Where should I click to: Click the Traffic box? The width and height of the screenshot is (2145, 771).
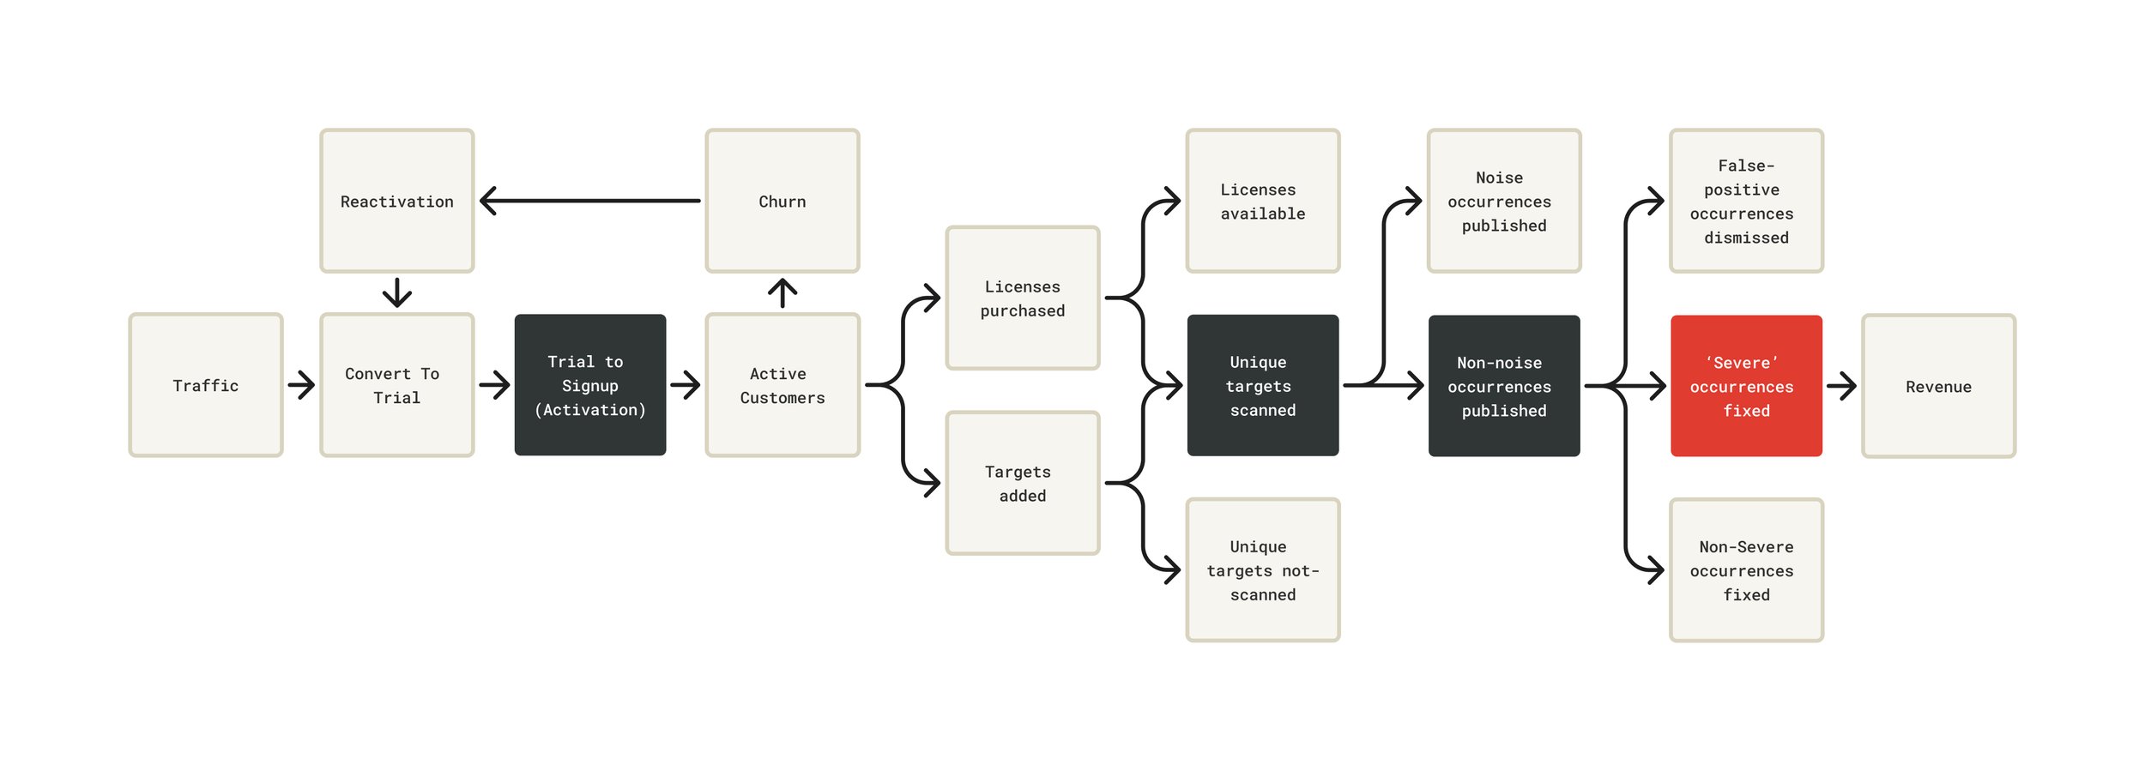[205, 385]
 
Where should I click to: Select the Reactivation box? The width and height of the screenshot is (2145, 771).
[396, 201]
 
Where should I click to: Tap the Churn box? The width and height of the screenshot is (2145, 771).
[782, 201]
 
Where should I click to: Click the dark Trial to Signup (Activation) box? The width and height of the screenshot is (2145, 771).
[589, 385]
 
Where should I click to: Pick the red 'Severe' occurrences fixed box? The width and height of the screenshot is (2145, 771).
[1746, 386]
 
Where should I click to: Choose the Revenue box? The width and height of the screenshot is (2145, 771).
[1938, 386]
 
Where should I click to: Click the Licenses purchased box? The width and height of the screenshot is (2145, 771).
[1022, 298]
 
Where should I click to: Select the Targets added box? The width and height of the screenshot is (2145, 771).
[1022, 483]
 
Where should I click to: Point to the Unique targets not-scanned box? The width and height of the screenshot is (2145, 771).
[1262, 570]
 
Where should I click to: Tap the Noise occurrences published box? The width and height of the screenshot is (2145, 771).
[1503, 201]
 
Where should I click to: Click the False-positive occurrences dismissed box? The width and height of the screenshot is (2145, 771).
[1746, 201]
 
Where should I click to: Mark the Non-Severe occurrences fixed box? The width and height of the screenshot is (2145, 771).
[1746, 570]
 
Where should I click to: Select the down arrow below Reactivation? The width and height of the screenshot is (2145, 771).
[396, 293]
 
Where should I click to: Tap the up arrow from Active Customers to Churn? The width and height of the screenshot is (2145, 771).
[782, 292]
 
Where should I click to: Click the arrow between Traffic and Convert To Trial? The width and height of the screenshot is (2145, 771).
[301, 385]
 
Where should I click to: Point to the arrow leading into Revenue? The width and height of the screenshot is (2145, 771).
[1841, 386]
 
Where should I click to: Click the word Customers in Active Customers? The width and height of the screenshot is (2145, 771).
[782, 398]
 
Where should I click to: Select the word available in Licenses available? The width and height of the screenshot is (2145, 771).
[1262, 214]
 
